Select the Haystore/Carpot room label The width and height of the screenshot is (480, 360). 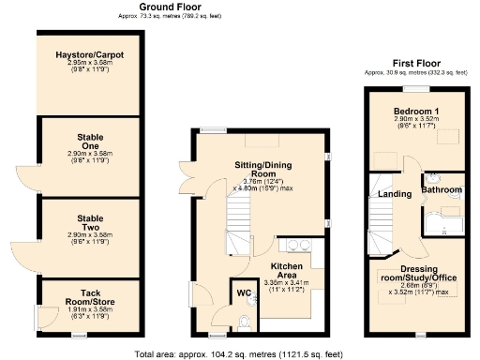[89, 54]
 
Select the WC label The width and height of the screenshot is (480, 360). [243, 293]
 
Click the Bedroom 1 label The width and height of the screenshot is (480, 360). [414, 110]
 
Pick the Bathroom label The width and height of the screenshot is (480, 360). [442, 190]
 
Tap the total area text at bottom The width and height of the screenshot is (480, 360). [241, 353]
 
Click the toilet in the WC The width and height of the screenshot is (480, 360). [246, 323]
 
